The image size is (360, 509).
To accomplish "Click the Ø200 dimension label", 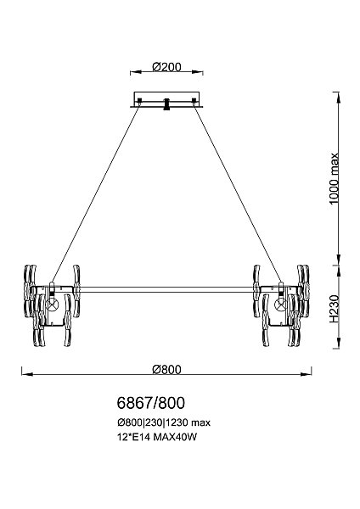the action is [x=166, y=67].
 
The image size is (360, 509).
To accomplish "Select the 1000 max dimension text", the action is [x=334, y=178].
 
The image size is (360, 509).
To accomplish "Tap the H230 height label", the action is [x=334, y=309].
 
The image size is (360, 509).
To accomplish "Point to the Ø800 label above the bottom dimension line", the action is [x=166, y=369].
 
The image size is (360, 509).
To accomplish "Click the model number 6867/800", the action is [x=151, y=403].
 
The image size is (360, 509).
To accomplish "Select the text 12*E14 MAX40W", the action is [x=157, y=437].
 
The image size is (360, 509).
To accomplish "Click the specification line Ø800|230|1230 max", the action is [x=164, y=422].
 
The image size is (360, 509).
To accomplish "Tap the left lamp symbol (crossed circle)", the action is [x=52, y=305].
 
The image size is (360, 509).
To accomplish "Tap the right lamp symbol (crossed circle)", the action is [x=280, y=305].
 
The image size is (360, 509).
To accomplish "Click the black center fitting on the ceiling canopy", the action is [x=166, y=104].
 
